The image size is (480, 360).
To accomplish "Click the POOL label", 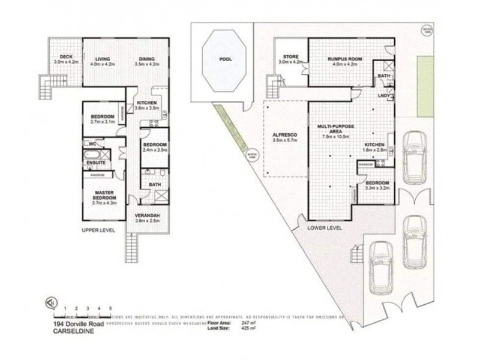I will (226, 59).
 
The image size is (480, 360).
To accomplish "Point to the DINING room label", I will (146, 58).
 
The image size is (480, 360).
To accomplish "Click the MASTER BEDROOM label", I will (104, 195).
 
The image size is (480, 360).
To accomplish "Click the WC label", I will (92, 145).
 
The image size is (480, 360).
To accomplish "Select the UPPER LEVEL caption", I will (98, 230).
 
